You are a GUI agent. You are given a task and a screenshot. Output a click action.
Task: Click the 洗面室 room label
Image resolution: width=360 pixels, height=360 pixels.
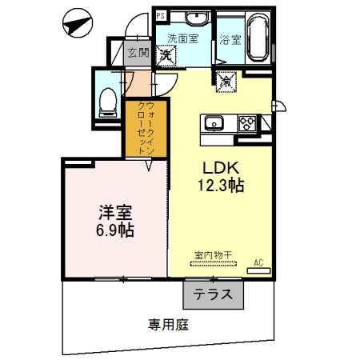[182, 38]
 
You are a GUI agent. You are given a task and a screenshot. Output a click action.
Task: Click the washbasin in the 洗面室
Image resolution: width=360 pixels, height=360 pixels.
[195, 18]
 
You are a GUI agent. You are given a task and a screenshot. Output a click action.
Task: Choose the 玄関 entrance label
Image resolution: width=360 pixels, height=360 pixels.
[138, 53]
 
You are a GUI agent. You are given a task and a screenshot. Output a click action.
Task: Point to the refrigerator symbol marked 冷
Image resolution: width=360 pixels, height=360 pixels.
[225, 80]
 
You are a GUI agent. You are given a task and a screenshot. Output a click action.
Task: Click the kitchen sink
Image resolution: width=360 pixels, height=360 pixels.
[214, 123]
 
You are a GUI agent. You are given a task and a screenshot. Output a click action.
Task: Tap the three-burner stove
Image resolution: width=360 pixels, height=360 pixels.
[248, 123]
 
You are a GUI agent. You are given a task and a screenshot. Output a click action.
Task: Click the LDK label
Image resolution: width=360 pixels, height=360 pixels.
[213, 169]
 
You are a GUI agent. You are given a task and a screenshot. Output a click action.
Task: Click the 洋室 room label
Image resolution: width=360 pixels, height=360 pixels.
[115, 213]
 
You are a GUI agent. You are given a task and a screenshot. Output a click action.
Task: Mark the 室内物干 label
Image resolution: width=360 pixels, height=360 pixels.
[213, 255]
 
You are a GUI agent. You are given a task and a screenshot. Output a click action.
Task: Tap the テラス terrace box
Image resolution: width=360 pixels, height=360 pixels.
[213, 295]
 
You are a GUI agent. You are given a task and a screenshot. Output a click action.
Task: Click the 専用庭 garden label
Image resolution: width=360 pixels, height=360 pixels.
[168, 325]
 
